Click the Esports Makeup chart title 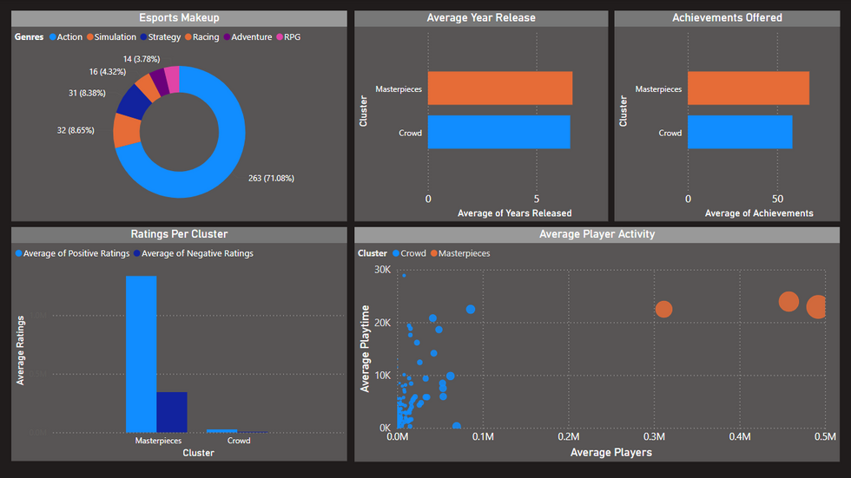pyautogui.click(x=180, y=17)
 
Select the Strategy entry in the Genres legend pyautogui.click(x=165, y=37)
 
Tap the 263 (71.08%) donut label pyautogui.click(x=271, y=179)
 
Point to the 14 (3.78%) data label pyautogui.click(x=141, y=59)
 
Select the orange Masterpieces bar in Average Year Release pyautogui.click(x=499, y=88)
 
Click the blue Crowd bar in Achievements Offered pyautogui.click(x=740, y=133)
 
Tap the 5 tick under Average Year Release pyautogui.click(x=537, y=199)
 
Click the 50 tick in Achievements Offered pyautogui.click(x=777, y=199)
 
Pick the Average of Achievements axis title pyautogui.click(x=759, y=213)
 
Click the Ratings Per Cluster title pyautogui.click(x=179, y=234)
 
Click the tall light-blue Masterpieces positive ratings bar pyautogui.click(x=141, y=354)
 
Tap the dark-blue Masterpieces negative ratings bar pyautogui.click(x=171, y=412)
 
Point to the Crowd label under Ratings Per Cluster pyautogui.click(x=239, y=441)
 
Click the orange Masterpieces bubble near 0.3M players pyautogui.click(x=663, y=309)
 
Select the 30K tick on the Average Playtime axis pyautogui.click(x=381, y=270)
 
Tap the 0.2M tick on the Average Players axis pyautogui.click(x=568, y=437)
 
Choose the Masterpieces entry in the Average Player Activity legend pyautogui.click(x=465, y=253)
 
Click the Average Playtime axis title pyautogui.click(x=366, y=348)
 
